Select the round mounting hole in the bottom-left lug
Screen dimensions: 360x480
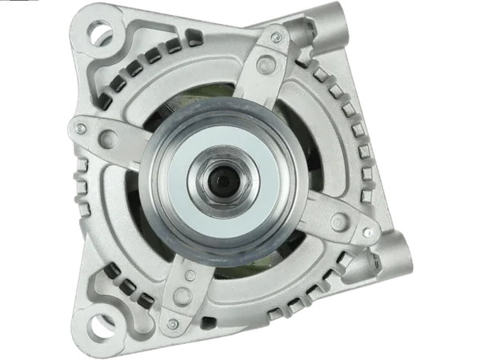102,328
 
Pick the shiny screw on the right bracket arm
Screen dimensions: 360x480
367,233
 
